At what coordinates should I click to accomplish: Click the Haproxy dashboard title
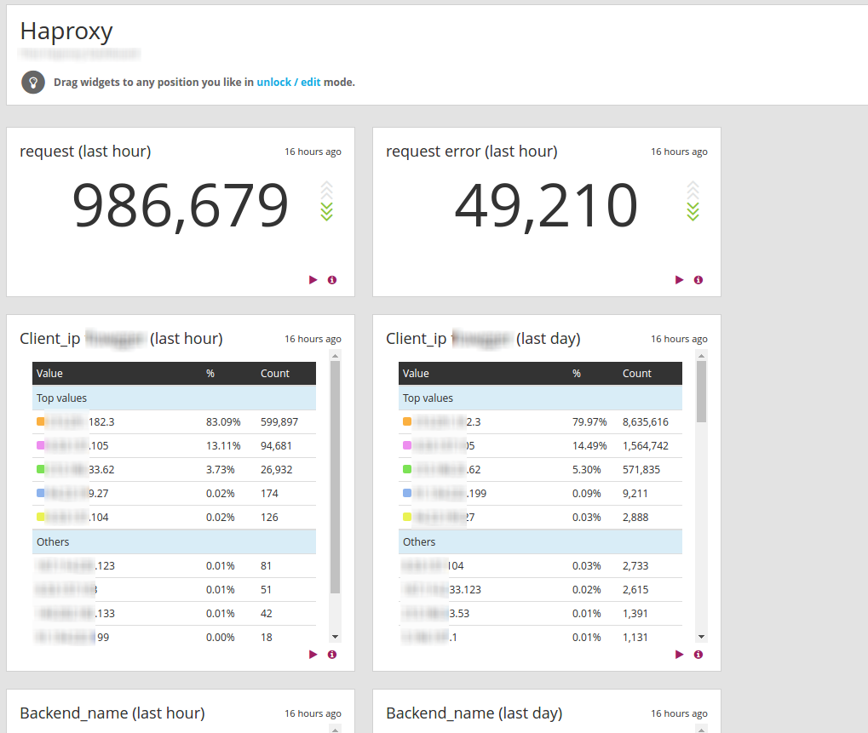66,31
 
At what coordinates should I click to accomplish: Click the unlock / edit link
289,83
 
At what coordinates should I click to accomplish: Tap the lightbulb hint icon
33,83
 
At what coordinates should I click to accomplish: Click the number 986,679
181,206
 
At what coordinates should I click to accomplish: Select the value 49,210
546,206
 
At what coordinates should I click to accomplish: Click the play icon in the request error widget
679,279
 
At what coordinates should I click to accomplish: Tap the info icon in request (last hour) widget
332,279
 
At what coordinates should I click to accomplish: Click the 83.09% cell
223,421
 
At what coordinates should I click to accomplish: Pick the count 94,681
276,445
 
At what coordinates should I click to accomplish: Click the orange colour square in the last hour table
40,421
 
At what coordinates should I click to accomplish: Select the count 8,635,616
646,421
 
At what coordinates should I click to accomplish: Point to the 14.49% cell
589,445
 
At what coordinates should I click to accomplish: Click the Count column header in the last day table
636,373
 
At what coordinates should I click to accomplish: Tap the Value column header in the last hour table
49,373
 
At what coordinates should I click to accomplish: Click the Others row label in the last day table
419,541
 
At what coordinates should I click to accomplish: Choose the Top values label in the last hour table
61,398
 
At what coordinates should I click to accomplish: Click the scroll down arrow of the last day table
701,636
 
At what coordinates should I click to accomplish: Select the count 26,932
276,469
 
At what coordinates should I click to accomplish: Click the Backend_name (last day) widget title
474,713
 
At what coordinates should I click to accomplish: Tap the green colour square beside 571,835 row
406,469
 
